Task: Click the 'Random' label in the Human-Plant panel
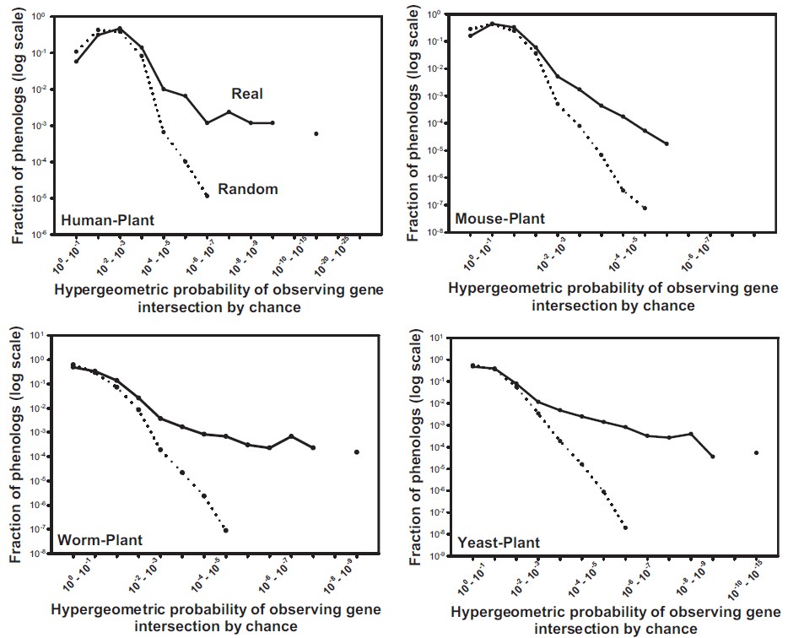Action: (x=248, y=189)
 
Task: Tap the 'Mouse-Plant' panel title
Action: (x=500, y=219)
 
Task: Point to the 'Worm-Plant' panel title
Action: (x=100, y=539)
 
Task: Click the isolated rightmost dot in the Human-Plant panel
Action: (x=316, y=133)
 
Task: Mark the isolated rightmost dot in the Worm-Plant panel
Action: (x=356, y=451)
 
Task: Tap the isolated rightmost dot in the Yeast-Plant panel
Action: (x=756, y=452)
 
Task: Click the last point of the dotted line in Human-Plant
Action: (x=208, y=196)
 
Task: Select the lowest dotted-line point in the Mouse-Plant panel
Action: (x=645, y=208)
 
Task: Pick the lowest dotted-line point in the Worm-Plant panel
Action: (x=225, y=530)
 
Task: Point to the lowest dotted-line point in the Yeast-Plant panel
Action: (x=625, y=527)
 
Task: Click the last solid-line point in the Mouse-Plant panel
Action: (x=667, y=143)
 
